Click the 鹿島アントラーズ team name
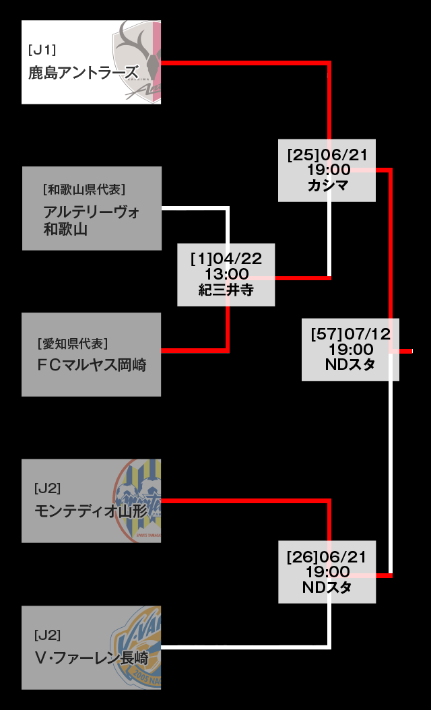tap(83, 72)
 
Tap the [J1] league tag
tap(42, 49)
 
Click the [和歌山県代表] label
tap(84, 189)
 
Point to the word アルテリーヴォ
tap(92, 212)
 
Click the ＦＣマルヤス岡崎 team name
tap(92, 365)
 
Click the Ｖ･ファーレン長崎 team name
tap(91, 657)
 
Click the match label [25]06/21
tap(327, 155)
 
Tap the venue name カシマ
tap(328, 185)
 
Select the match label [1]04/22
tap(226, 259)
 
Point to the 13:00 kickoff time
tap(226, 274)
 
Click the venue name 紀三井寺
tap(226, 290)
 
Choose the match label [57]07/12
tap(350, 333)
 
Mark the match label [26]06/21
tap(327, 557)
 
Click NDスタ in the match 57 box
tap(350, 364)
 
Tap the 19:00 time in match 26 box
tap(327, 572)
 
